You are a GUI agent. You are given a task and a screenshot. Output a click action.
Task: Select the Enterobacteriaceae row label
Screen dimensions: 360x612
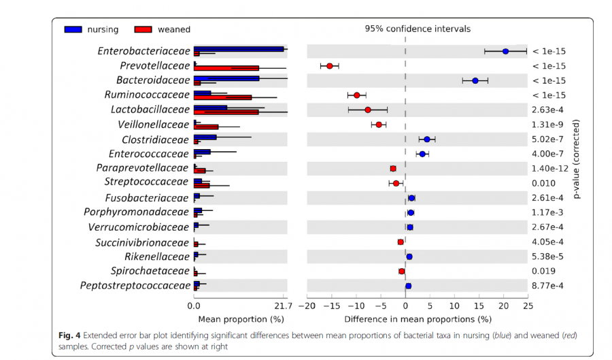[x=143, y=51]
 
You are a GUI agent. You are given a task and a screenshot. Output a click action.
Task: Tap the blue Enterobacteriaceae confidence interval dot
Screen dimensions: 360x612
[x=505, y=51]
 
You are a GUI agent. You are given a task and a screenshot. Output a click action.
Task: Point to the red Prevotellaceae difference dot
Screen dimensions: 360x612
[x=330, y=66]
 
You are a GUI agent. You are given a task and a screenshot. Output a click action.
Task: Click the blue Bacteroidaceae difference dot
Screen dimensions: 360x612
[x=475, y=80]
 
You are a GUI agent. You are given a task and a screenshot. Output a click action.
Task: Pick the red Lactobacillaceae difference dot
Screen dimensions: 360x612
[x=368, y=110]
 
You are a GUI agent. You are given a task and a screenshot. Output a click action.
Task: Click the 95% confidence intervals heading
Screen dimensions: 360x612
[x=418, y=29]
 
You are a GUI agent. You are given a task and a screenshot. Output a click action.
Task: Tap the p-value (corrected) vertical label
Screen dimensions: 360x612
[x=577, y=160]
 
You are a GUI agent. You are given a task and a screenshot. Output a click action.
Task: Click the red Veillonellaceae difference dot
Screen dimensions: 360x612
[x=379, y=125]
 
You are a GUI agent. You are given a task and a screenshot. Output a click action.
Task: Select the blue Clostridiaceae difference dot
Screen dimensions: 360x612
[x=427, y=139]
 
